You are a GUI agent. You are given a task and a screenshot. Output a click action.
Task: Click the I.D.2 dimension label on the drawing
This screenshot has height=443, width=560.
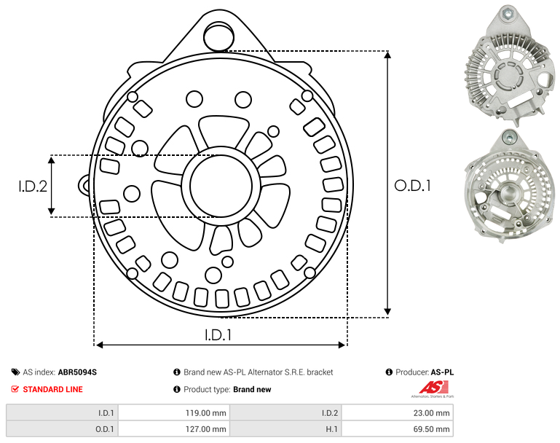tap(33, 186)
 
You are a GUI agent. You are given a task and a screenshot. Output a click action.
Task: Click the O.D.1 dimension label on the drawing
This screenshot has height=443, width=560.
tap(412, 186)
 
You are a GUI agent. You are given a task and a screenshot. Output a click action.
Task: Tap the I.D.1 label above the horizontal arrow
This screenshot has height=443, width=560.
tap(218, 335)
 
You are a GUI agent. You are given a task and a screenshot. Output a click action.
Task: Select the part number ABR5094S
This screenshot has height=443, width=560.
tap(77, 372)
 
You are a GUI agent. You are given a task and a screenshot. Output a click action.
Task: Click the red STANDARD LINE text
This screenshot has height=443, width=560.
tap(53, 389)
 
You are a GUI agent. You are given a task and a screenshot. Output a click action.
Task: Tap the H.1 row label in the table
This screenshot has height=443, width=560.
tap(331, 429)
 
